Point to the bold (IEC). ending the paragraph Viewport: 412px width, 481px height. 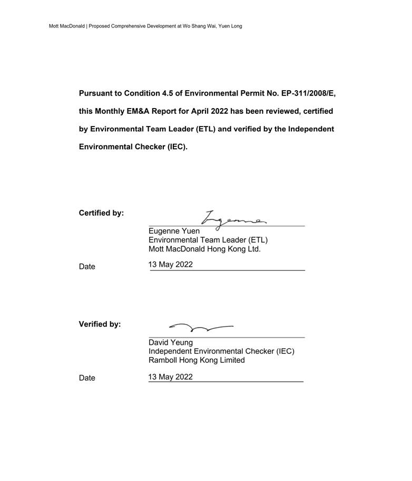click(178, 147)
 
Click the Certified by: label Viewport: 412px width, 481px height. click(101, 213)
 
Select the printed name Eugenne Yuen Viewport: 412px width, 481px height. click(174, 231)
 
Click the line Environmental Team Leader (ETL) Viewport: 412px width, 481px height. click(208, 240)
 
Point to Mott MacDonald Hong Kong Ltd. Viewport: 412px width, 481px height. click(204, 249)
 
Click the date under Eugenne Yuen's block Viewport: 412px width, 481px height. click(171, 265)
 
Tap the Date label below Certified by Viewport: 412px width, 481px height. click(87, 267)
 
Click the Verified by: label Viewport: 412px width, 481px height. click(100, 324)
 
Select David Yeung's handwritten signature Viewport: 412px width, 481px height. click(201, 328)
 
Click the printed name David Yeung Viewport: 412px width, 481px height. click(171, 342)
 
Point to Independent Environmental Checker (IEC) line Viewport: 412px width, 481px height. click(221, 351)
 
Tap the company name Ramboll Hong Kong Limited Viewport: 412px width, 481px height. click(197, 360)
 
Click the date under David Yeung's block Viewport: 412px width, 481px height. click(171, 377)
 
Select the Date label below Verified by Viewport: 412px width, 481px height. click(87, 378)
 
